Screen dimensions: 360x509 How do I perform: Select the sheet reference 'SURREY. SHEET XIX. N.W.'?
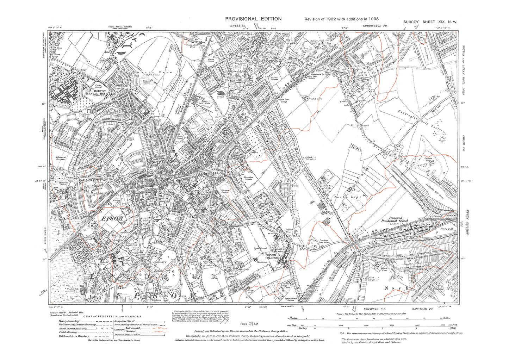click(430, 22)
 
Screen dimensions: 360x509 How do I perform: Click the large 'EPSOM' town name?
click(112, 219)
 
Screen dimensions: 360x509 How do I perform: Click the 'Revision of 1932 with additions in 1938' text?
click(341, 19)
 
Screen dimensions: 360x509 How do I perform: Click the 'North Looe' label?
click(348, 197)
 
